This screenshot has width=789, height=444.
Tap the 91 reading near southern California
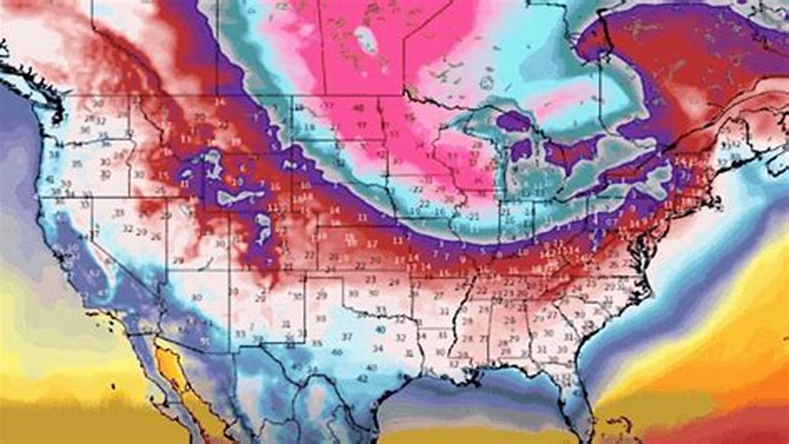[204, 341]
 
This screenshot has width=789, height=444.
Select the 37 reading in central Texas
[347, 337]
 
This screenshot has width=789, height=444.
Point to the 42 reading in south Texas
[362, 378]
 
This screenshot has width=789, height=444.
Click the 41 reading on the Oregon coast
[49, 179]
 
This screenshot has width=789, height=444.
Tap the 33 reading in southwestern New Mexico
[240, 334]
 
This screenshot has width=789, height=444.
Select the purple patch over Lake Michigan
[521, 150]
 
